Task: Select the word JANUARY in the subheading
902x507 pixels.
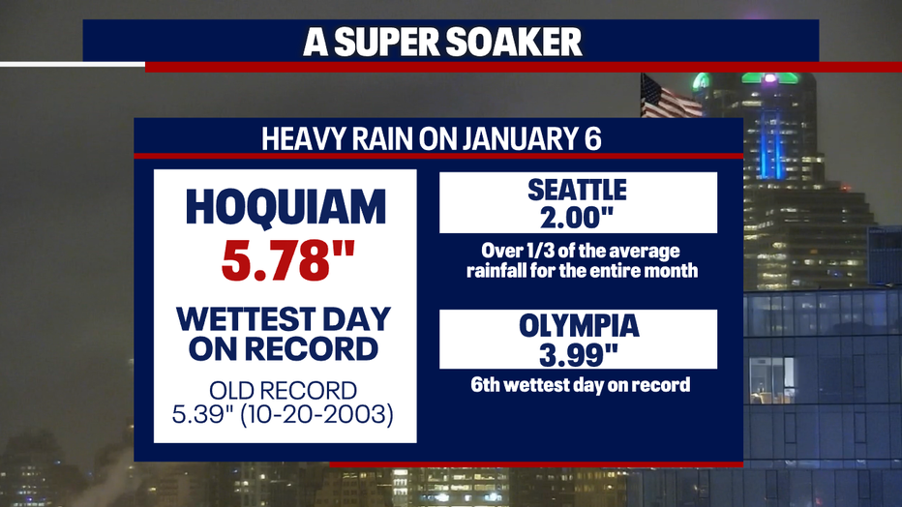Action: (515, 139)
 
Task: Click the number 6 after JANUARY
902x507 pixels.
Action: (592, 139)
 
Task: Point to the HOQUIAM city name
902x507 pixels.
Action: (286, 207)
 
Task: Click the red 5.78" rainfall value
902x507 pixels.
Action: (287, 260)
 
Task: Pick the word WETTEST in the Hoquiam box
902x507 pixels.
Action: (243, 319)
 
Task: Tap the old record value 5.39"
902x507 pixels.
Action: (202, 414)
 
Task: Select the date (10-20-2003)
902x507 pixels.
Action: (316, 414)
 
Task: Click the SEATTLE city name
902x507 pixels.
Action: (577, 191)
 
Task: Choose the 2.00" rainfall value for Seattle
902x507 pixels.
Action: (577, 218)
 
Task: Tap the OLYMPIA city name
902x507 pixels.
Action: (579, 326)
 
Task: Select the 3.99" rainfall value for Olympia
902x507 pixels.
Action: (578, 355)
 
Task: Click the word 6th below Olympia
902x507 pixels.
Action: (486, 384)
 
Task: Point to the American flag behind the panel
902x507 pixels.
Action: (669, 97)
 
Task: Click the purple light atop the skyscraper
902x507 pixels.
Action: (769, 77)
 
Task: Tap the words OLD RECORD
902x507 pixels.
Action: (283, 391)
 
